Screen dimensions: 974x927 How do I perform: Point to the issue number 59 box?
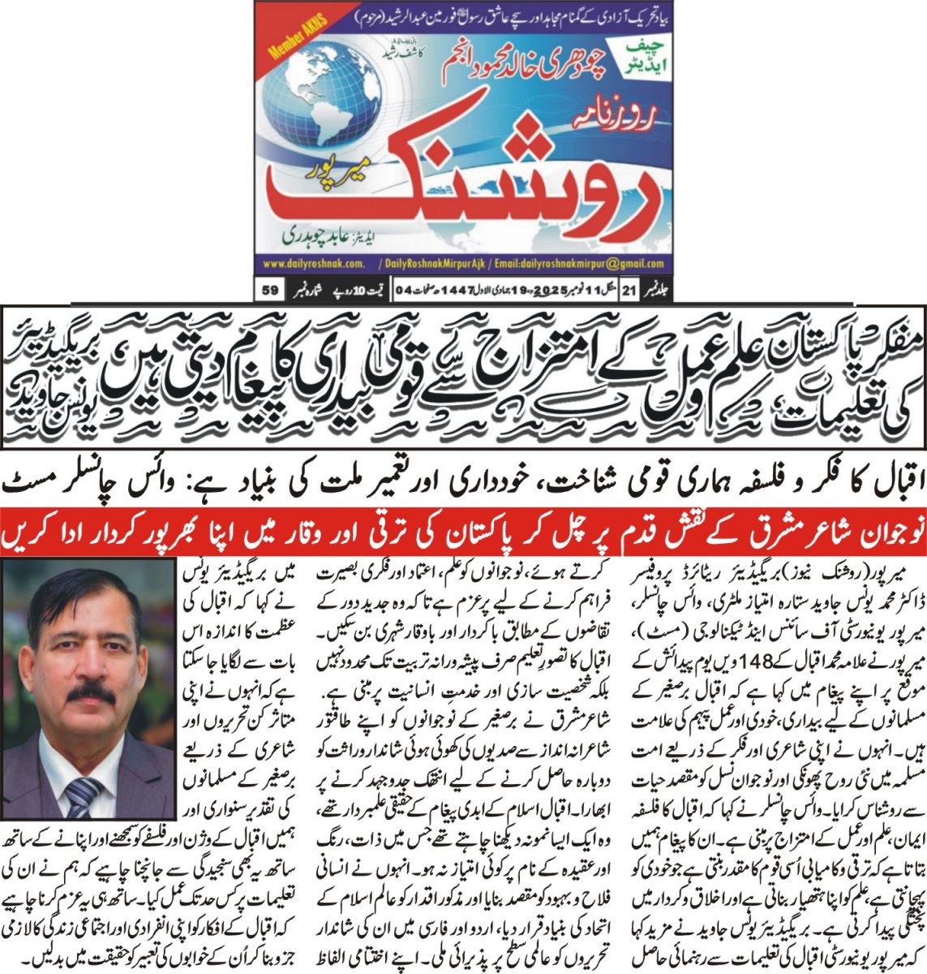pos(271,289)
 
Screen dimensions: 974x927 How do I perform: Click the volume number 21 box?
pos(651,289)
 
